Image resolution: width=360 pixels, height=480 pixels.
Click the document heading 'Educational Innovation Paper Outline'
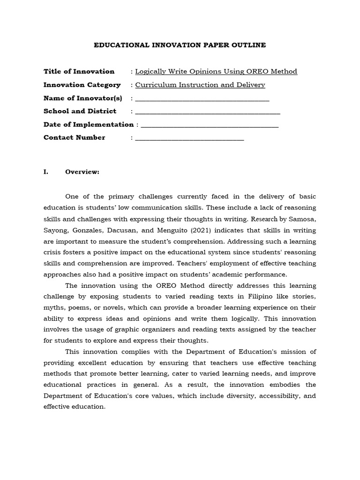pyautogui.click(x=180, y=45)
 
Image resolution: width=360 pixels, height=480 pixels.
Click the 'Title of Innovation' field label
pyautogui.click(x=79, y=71)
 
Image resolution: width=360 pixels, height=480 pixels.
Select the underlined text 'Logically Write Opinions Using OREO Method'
pyautogui.click(x=216, y=71)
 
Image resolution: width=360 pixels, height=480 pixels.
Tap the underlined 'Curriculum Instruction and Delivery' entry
pyautogui.click(x=200, y=85)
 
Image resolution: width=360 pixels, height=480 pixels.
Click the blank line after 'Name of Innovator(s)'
pyautogui.click(x=202, y=99)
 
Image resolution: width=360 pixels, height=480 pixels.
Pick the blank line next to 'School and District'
pyautogui.click(x=207, y=112)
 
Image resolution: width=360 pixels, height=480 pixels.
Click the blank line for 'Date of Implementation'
pyautogui.click(x=210, y=125)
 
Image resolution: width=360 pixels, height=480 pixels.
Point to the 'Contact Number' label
pyautogui.click(x=74, y=137)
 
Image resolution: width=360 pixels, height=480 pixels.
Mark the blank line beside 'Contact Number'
pyautogui.click(x=189, y=138)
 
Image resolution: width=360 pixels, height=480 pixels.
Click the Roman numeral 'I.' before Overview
pyautogui.click(x=46, y=172)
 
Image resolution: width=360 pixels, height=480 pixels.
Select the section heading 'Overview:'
pyautogui.click(x=82, y=172)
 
